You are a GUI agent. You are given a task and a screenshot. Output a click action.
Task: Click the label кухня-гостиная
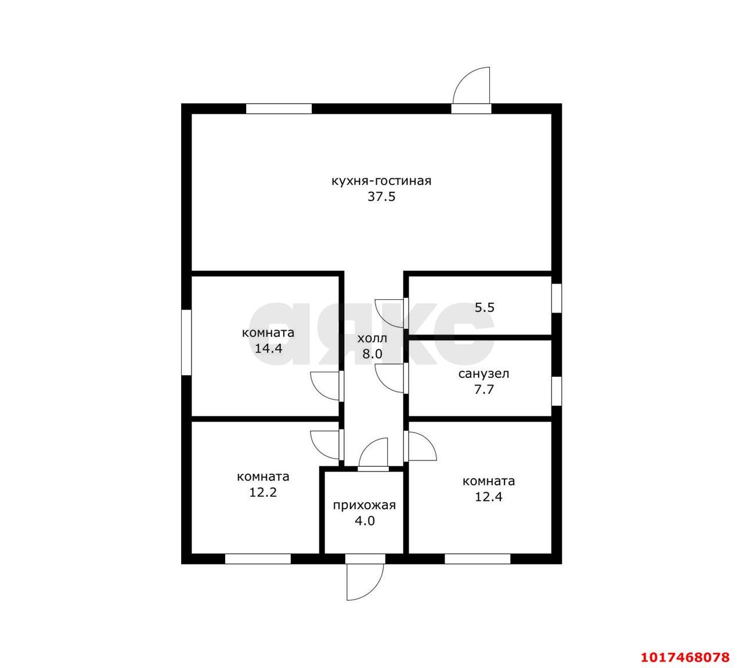pos(381,181)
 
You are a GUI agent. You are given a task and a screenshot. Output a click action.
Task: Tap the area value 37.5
pos(381,197)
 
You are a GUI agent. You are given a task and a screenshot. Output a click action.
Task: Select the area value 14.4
pos(268,348)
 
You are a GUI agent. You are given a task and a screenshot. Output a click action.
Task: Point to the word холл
pos(372,338)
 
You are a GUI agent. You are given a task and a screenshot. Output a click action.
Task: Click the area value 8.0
pos(372,354)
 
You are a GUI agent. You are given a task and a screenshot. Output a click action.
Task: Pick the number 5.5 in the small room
pos(485,307)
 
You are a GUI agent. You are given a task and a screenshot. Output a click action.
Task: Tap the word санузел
pos(484,374)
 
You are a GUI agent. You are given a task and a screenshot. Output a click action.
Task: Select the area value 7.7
pos(484,389)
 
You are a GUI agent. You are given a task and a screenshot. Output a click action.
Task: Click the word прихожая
pos(365,505)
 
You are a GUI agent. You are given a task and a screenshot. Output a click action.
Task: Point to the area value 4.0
pos(365,521)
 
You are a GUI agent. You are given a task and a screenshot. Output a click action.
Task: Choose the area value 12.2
pos(262,492)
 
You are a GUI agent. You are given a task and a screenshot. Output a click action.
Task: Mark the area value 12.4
pos(489,497)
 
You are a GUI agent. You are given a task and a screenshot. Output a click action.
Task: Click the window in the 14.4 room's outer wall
pos(186,342)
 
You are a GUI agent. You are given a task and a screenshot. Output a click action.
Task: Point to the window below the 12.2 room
pos(258,559)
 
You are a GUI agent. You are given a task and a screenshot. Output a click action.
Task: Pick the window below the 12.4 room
pos(477,559)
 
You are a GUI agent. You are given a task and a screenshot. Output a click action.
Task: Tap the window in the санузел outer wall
pos(557,391)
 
